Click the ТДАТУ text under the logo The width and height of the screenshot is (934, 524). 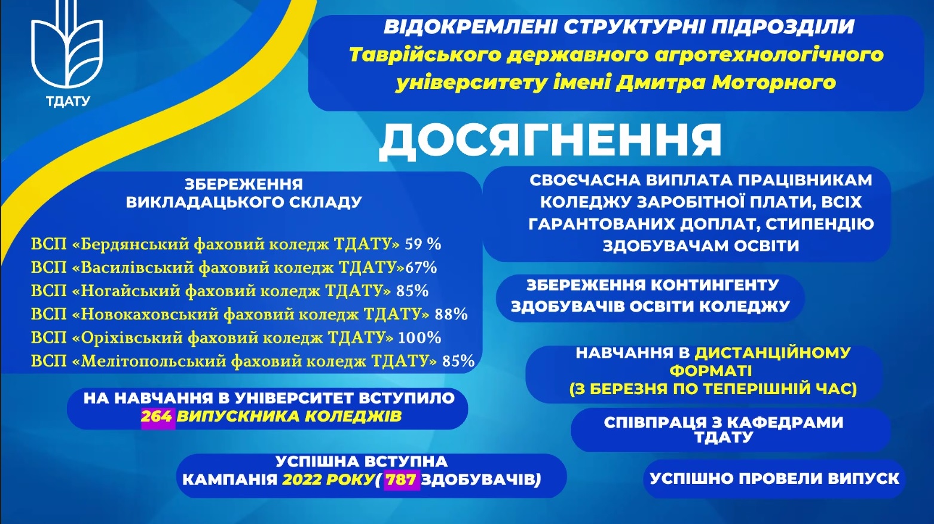tap(68, 102)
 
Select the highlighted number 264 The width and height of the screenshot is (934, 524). tap(157, 416)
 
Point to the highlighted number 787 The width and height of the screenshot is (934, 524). tap(401, 480)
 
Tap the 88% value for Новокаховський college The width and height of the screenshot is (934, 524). tap(451, 315)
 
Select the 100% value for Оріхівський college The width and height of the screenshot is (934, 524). tap(419, 338)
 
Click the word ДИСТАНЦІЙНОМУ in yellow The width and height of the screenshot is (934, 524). tap(772, 354)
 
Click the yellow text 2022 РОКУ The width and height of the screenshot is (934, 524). tap(327, 480)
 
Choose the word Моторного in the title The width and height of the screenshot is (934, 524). tap(774, 83)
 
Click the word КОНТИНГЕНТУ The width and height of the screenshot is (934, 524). tap(715, 285)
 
